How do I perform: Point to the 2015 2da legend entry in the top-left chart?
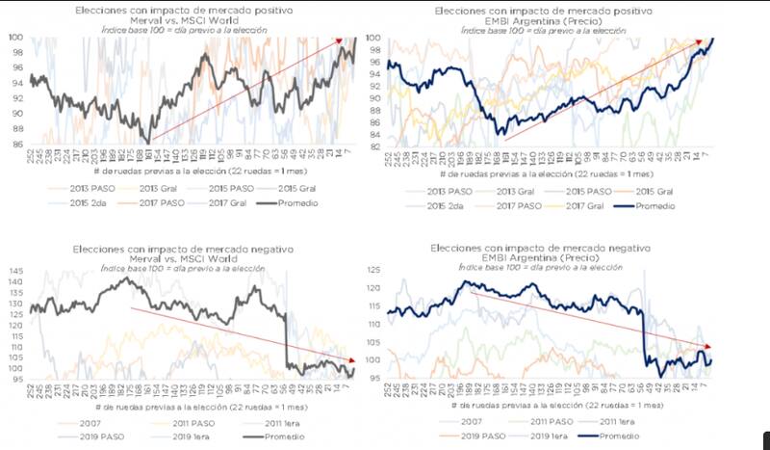coord(68,202)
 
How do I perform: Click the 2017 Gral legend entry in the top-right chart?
coord(588,206)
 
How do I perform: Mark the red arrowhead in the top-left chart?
coord(338,40)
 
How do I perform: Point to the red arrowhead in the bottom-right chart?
coord(709,347)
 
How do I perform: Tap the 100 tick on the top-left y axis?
coord(16,38)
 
